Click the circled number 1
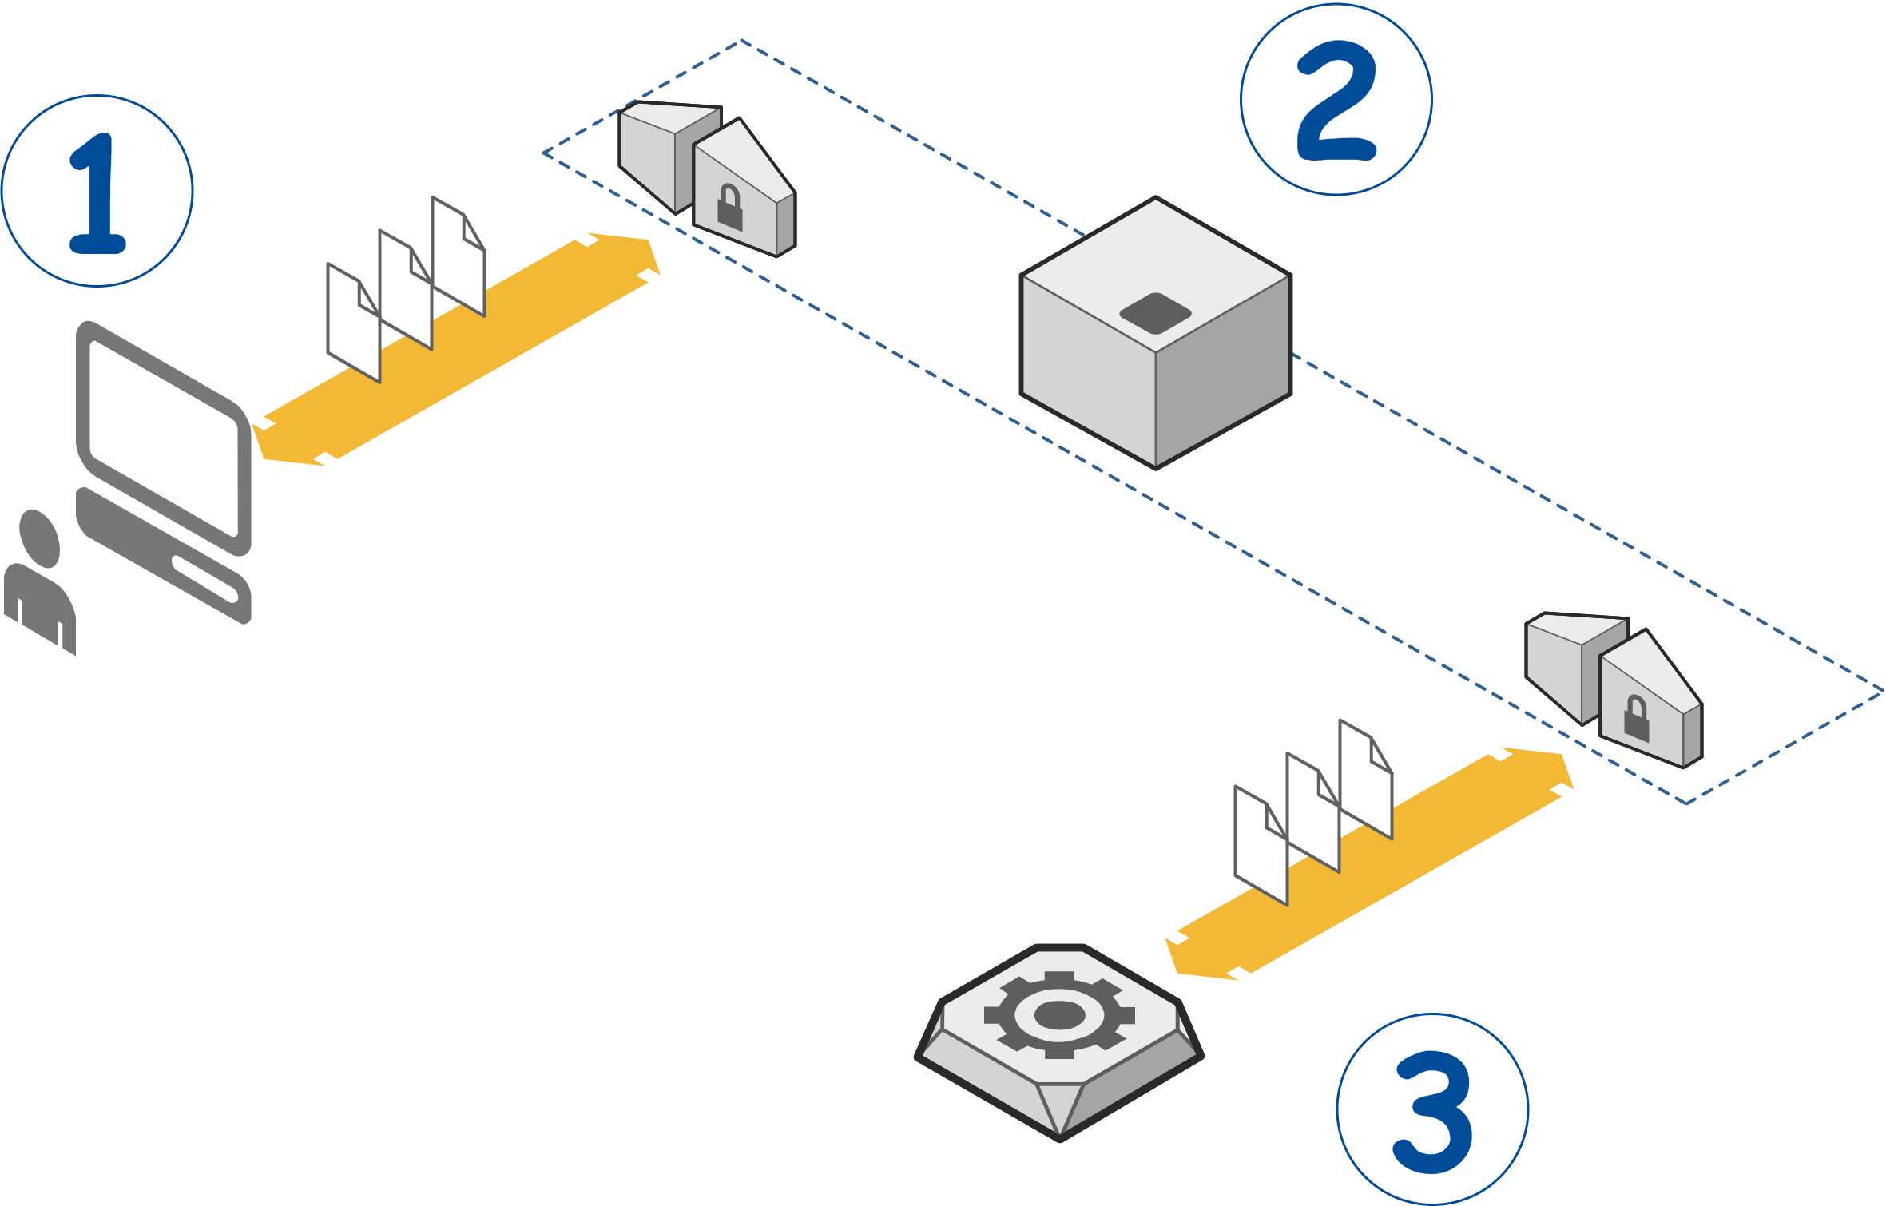[x=97, y=192]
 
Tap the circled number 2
[x=1336, y=100]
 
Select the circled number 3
[x=1432, y=1109]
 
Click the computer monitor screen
[x=164, y=438]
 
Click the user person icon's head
[x=39, y=538]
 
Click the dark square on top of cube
[x=1155, y=313]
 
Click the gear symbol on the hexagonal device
[x=1059, y=1016]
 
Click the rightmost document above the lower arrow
[x=1365, y=779]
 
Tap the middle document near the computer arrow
[x=405, y=289]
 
